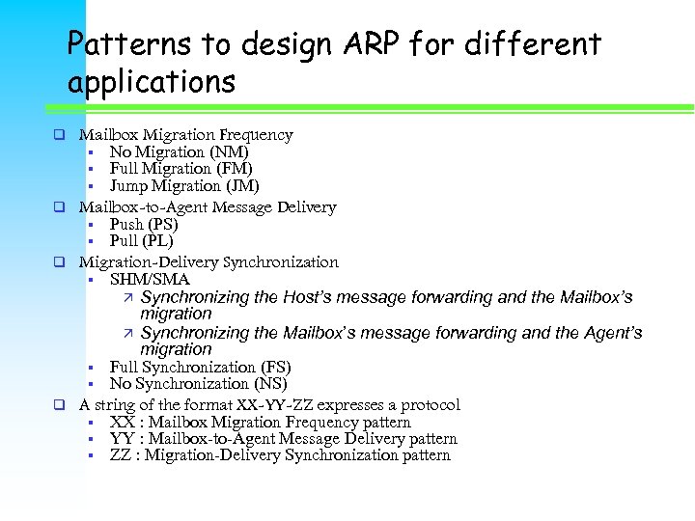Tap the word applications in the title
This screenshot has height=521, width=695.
click(x=152, y=82)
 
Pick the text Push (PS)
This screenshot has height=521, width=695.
click(x=144, y=224)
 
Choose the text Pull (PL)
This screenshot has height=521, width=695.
click(x=141, y=240)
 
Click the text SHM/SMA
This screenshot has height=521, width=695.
click(x=150, y=279)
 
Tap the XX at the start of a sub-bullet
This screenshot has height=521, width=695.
click(x=122, y=422)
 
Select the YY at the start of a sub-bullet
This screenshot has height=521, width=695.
click(x=122, y=438)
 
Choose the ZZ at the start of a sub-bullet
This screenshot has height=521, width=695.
click(x=122, y=454)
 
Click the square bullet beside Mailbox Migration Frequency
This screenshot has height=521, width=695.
click(x=59, y=135)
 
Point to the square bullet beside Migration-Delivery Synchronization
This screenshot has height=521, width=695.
click(x=59, y=262)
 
